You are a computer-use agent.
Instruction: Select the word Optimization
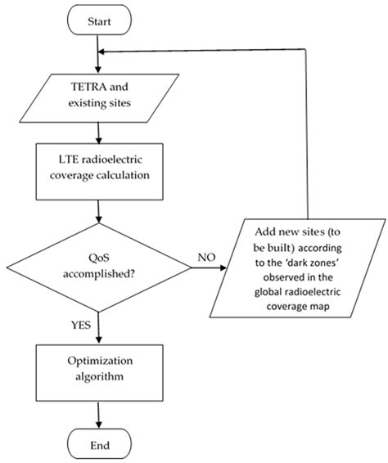tap(98, 357)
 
